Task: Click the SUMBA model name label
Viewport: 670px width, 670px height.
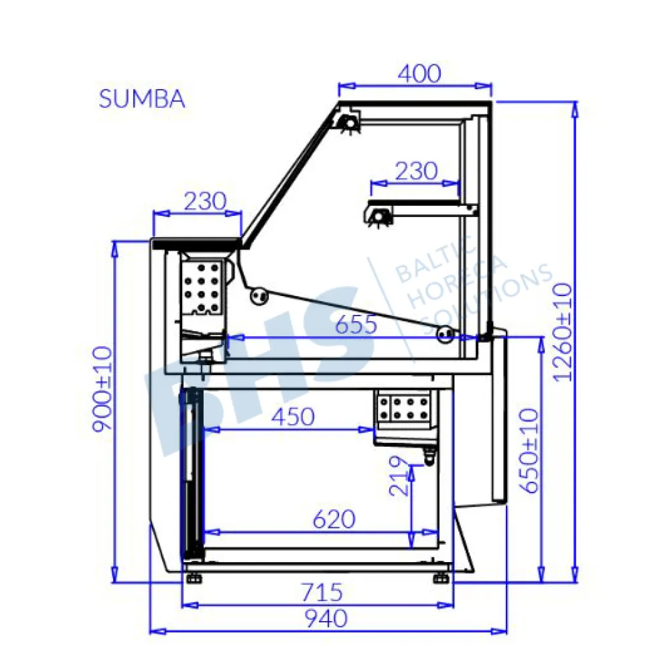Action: [x=141, y=98]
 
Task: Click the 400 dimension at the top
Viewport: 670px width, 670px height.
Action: [x=419, y=73]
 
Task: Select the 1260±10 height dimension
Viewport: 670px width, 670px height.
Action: [x=563, y=331]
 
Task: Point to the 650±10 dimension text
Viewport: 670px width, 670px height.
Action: [x=529, y=450]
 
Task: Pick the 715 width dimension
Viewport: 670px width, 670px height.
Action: [x=322, y=592]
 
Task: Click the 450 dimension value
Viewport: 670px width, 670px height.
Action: [x=293, y=417]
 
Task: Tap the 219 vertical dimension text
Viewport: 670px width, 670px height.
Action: [x=399, y=476]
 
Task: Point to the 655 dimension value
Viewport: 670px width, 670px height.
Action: [x=356, y=326]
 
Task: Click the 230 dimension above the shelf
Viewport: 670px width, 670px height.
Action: [x=415, y=172]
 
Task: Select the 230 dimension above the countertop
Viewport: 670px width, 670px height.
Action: [x=198, y=202]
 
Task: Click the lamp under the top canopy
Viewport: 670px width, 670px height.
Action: [x=348, y=123]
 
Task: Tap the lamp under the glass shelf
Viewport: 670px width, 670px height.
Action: [x=381, y=216]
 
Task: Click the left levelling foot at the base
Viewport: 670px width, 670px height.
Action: [x=195, y=577]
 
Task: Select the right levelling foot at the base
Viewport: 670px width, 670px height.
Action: [x=441, y=577]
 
